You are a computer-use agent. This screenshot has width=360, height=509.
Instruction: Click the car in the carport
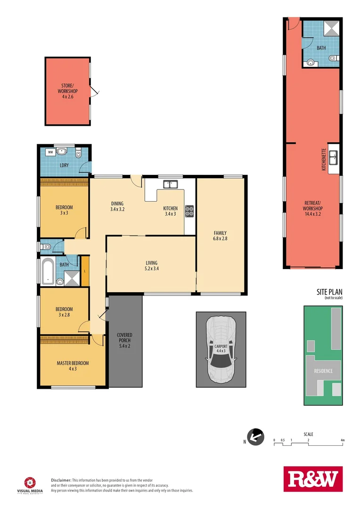[221, 349]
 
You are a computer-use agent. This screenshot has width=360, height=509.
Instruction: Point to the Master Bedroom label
[73, 366]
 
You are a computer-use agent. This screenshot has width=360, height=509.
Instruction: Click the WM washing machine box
[50, 153]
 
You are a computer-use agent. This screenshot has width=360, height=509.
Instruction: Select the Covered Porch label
[125, 340]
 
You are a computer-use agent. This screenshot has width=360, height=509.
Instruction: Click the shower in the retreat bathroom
[332, 28]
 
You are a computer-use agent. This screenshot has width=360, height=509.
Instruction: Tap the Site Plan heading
[329, 292]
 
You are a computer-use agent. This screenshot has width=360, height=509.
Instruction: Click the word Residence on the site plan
[323, 371]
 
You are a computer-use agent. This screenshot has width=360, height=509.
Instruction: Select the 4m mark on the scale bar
[343, 440]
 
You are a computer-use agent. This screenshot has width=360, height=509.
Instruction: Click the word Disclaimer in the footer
[61, 479]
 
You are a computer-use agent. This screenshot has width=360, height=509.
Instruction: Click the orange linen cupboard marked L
[85, 271]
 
